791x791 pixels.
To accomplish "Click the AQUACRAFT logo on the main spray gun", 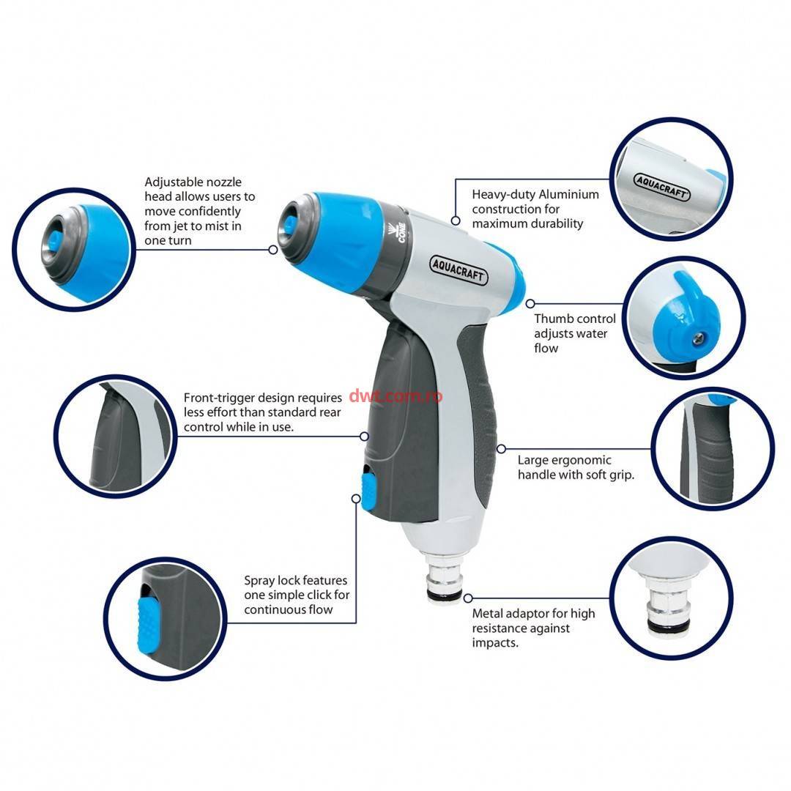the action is tap(458, 270).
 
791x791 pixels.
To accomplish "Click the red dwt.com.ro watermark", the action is tap(395, 396).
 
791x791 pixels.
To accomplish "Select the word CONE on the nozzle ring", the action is tap(401, 233).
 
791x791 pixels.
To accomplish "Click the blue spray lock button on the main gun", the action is tap(368, 489).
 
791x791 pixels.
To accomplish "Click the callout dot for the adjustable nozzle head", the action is tap(273, 250).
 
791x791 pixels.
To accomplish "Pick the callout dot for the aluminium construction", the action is tap(455, 221).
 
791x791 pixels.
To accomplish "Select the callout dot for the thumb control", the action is tap(530, 304).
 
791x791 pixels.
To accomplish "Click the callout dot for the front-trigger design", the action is tap(364, 437).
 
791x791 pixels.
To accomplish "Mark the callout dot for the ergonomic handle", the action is tap(501, 449).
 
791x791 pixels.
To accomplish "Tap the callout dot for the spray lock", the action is tap(356, 499).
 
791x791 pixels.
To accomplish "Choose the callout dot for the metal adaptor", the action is tap(467, 598).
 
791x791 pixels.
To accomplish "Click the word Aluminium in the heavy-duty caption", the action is tap(568, 195).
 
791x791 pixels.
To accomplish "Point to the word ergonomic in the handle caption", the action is tap(581, 461).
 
